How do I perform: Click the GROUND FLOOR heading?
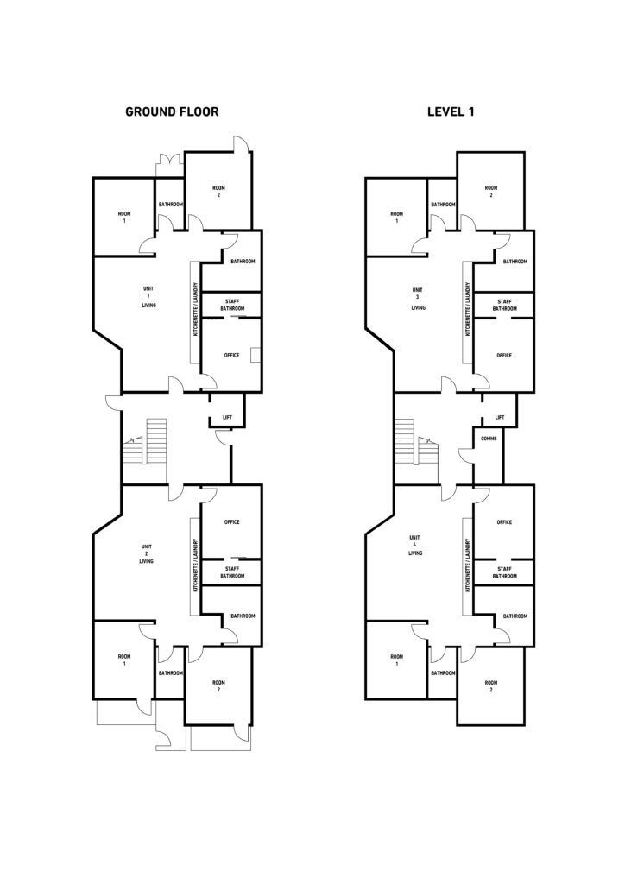coord(172,111)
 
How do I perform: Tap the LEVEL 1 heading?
coord(451,111)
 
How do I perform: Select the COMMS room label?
coord(489,438)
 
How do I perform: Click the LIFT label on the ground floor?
coord(227,418)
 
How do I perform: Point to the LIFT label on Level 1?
coord(499,418)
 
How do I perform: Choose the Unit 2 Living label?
coord(146,553)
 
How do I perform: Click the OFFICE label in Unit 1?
coord(231,355)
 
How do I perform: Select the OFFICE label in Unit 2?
coord(231,521)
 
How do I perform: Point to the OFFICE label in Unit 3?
coord(504,355)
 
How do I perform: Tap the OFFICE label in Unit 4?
coord(504,521)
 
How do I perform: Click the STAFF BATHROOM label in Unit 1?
coord(232,305)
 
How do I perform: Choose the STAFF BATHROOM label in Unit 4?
coord(504,571)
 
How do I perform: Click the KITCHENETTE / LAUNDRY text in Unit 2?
coord(196,566)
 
